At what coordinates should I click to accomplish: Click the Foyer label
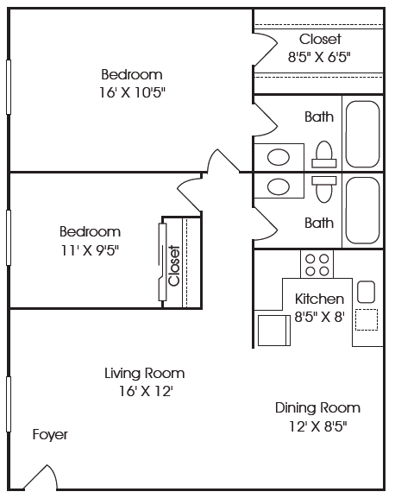[50, 434]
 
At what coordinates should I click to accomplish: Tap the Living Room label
[145, 373]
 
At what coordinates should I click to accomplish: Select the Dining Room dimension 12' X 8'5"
[318, 426]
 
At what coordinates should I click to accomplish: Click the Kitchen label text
[319, 299]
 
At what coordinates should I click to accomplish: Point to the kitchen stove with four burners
[317, 264]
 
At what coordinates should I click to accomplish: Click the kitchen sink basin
[367, 292]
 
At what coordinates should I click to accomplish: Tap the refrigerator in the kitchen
[274, 331]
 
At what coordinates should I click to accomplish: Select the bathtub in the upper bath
[362, 134]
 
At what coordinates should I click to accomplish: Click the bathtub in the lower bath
[362, 211]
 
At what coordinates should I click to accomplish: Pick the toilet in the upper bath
[324, 154]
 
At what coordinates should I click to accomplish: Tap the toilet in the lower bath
[324, 190]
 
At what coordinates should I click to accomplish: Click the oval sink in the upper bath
[279, 157]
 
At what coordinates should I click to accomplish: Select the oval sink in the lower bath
[279, 186]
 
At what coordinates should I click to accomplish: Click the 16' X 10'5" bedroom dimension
[133, 92]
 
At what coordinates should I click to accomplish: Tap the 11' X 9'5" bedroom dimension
[90, 250]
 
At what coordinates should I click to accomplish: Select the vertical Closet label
[174, 266]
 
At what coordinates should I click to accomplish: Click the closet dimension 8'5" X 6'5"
[319, 58]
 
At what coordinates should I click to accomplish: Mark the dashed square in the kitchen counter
[367, 320]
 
